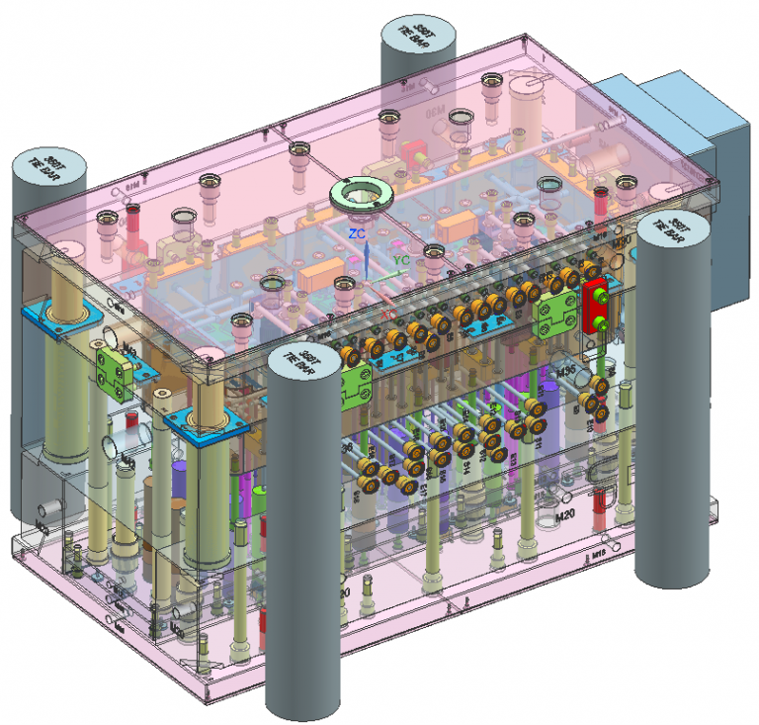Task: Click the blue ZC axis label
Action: (x=356, y=233)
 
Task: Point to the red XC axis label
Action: (x=389, y=315)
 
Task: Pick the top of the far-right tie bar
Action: (x=675, y=228)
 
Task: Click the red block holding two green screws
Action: (x=597, y=307)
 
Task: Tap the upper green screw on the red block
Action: (x=598, y=292)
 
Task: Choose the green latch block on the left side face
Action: (x=116, y=368)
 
